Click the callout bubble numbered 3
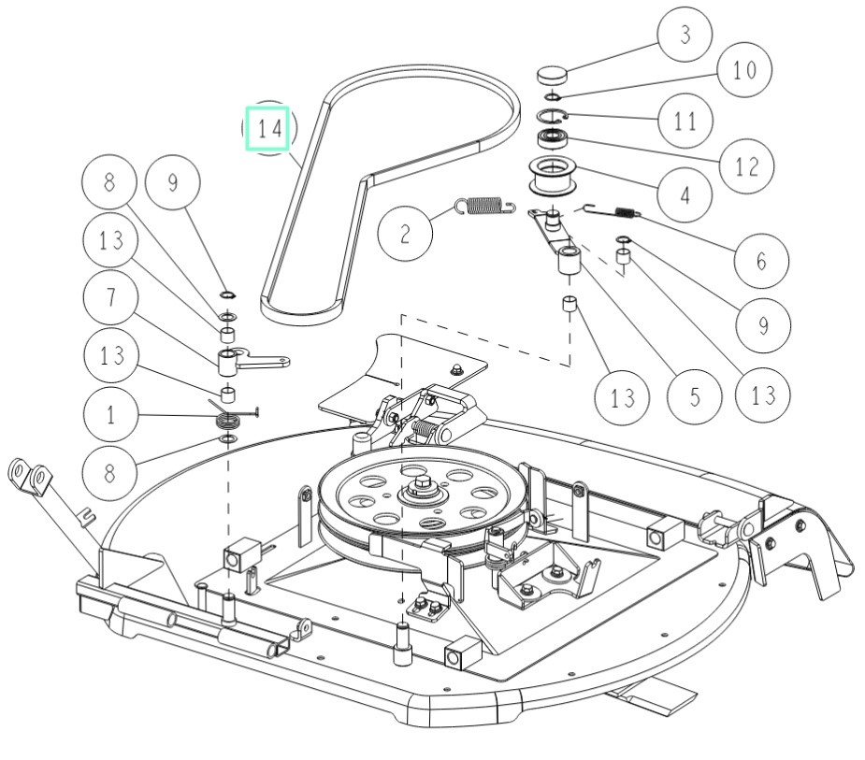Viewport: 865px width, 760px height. coord(685,35)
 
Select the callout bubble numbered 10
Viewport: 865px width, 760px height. coord(744,69)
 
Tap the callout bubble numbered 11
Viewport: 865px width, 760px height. coord(685,121)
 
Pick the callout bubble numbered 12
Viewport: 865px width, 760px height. coord(746,166)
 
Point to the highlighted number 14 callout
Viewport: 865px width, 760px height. coord(268,128)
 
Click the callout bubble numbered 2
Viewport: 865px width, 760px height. coord(405,234)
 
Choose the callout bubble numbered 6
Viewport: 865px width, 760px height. coord(761,260)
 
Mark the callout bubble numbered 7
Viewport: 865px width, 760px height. coord(111,296)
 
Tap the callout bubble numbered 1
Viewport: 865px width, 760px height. coord(111,414)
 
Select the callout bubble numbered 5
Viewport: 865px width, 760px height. coord(695,396)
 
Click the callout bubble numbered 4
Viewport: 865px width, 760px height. coord(685,194)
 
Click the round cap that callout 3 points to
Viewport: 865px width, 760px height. coord(552,75)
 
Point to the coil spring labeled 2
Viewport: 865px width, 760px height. coord(485,205)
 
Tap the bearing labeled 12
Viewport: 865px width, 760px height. coord(552,136)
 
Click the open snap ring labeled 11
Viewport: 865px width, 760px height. coord(553,116)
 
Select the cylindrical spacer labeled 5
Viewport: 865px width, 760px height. coord(569,261)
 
